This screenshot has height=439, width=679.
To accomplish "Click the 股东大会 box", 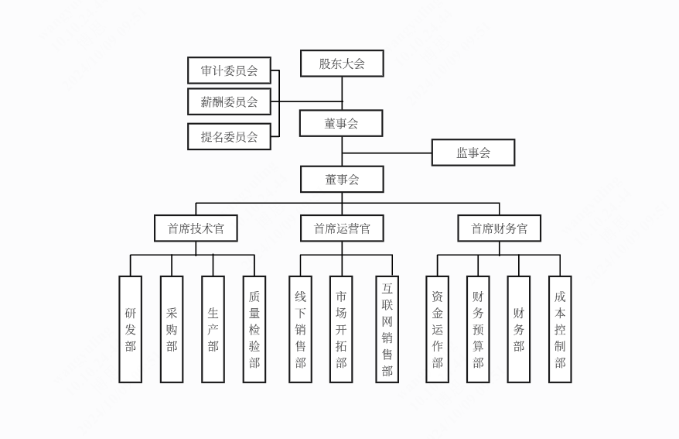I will click(342, 63).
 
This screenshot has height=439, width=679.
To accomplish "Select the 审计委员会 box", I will click(229, 70).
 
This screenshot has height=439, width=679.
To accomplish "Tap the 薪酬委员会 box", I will click(229, 101).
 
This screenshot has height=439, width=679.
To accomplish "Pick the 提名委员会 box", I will click(229, 136).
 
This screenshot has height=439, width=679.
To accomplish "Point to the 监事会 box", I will click(473, 153).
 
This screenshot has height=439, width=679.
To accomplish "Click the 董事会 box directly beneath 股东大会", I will click(341, 123).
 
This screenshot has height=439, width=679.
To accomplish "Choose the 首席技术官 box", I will click(196, 228).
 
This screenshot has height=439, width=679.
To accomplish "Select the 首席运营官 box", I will click(342, 228).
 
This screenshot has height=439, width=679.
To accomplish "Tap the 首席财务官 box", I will click(499, 228).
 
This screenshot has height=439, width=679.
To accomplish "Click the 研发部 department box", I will click(130, 329).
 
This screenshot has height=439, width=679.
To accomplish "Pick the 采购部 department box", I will click(172, 329).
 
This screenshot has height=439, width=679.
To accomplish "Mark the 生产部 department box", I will click(213, 329).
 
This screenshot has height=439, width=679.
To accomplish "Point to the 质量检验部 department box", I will click(254, 329).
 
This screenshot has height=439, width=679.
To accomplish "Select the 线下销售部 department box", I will click(300, 329).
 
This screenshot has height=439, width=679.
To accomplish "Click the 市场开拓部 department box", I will click(341, 329).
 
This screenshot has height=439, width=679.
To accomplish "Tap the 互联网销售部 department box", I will click(387, 329).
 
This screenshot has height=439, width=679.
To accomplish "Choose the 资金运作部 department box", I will click(437, 329).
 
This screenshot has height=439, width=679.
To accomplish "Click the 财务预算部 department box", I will click(478, 329).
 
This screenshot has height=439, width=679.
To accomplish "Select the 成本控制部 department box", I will click(560, 329).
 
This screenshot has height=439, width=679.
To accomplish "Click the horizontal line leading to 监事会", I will click(387, 153).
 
